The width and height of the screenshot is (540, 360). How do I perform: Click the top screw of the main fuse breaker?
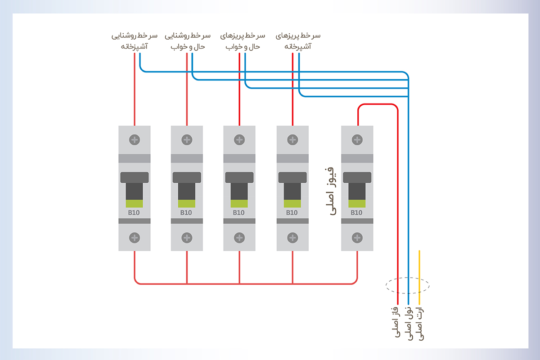pos(357,139)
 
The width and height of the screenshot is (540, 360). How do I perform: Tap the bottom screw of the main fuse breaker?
pos(357,237)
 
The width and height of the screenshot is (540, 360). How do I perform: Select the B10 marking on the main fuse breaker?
pos(357,213)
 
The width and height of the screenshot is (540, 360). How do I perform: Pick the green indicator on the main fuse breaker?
pos(357,203)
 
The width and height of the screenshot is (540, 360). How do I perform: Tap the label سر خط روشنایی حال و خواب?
pos(187,40)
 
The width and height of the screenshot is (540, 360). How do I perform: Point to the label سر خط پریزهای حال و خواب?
pos(243,40)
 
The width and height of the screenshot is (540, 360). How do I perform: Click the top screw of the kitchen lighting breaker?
pos(135,139)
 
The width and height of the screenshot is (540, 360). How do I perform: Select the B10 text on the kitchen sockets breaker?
pos(292,213)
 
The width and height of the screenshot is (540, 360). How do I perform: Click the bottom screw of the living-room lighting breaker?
pos(187,237)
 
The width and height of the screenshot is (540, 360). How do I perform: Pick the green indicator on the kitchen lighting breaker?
pos(135,203)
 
